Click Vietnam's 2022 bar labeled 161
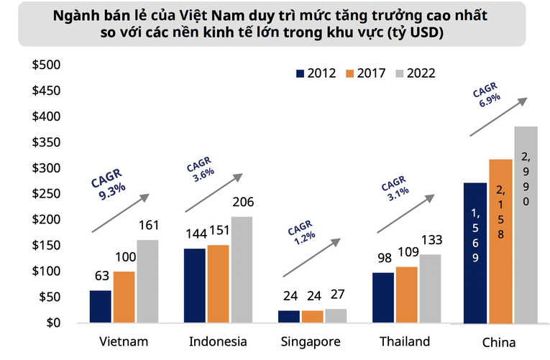(x=147, y=281)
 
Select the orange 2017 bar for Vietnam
(x=124, y=297)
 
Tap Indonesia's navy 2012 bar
(x=195, y=285)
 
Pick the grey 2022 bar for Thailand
(x=430, y=288)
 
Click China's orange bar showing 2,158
(x=501, y=241)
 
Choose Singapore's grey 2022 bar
(x=336, y=315)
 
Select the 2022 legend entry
(x=415, y=73)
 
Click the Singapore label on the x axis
(x=312, y=341)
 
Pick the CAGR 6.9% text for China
(x=486, y=96)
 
